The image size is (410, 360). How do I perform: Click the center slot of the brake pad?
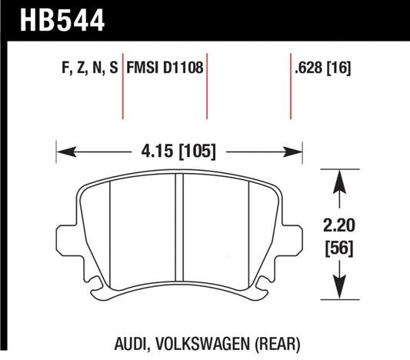[x=181, y=235]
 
